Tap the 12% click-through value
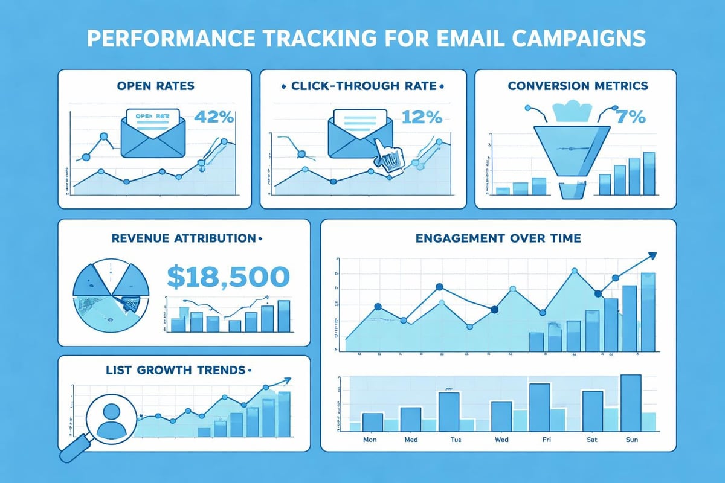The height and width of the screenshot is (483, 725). (x=421, y=117)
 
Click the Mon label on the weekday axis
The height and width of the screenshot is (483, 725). (x=370, y=440)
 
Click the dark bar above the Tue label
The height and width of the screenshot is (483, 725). (x=449, y=411)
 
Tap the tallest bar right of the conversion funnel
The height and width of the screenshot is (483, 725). (x=649, y=173)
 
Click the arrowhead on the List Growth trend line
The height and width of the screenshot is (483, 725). (x=286, y=380)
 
